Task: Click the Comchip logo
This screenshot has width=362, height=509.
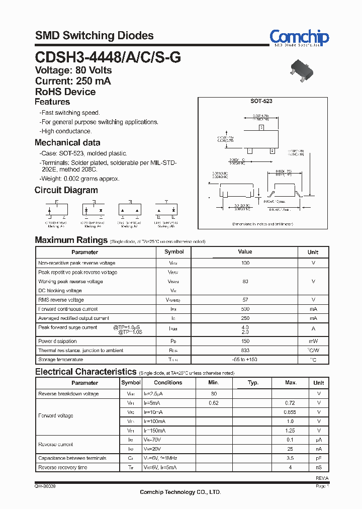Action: pos(299,38)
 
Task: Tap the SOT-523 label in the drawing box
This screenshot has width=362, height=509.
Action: pos(261,101)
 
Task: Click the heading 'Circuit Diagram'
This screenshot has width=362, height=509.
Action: pos(66,190)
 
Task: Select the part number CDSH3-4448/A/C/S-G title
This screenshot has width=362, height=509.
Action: pos(108,57)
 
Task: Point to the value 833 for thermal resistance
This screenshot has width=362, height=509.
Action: pos(245,350)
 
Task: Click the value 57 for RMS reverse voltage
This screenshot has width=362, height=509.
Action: pos(245,300)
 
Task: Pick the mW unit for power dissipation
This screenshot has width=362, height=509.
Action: pos(313,341)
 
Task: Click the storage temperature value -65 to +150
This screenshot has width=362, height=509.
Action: pos(245,360)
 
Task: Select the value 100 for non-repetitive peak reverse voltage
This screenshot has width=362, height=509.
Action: pos(245,263)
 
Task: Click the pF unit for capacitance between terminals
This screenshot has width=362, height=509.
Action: pos(318,458)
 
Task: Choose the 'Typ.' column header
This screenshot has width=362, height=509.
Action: pos(253,383)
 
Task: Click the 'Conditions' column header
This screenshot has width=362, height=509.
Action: pos(168,383)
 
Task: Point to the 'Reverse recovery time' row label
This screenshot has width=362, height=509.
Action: pos(63,468)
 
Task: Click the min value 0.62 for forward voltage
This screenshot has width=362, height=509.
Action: pos(214,403)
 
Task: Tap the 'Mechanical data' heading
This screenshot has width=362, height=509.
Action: pos(67,142)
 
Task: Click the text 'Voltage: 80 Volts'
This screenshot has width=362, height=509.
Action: pos(73,70)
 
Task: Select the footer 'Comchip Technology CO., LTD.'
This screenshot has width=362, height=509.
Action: pos(180,492)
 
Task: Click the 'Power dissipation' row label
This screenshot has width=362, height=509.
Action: pos(57,341)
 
